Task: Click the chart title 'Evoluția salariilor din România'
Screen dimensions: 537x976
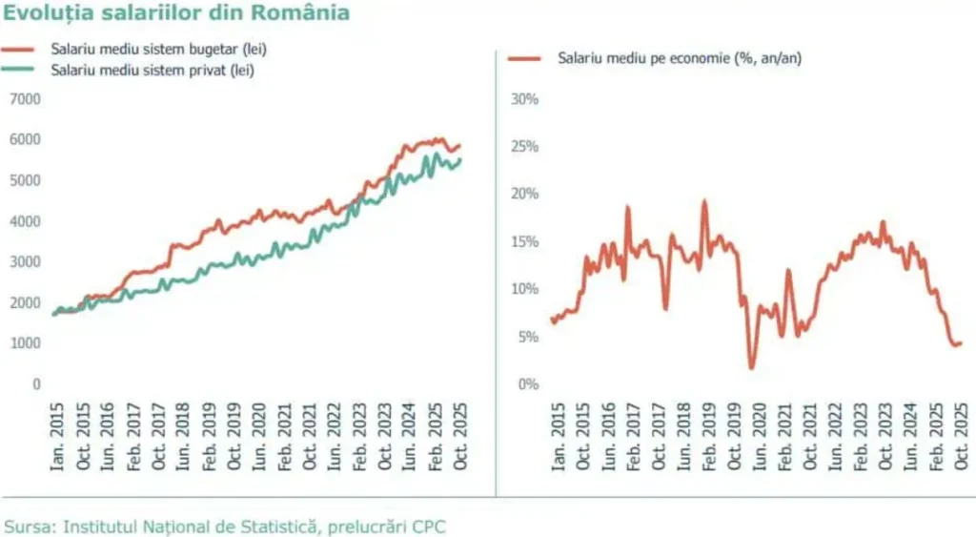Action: click(x=176, y=13)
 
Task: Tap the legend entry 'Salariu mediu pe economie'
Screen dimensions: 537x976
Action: click(x=679, y=59)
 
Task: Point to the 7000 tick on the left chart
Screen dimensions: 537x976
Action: click(x=26, y=98)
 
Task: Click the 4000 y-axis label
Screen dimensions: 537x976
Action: click(x=26, y=221)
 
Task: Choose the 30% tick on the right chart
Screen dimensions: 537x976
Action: click(x=525, y=98)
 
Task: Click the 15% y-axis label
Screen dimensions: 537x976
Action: click(x=525, y=241)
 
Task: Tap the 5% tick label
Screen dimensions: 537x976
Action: click(x=528, y=337)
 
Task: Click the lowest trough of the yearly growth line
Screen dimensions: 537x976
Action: click(x=752, y=366)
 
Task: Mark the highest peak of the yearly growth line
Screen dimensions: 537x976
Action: click(x=704, y=201)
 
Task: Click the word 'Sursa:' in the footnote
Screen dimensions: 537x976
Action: click(x=30, y=526)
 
